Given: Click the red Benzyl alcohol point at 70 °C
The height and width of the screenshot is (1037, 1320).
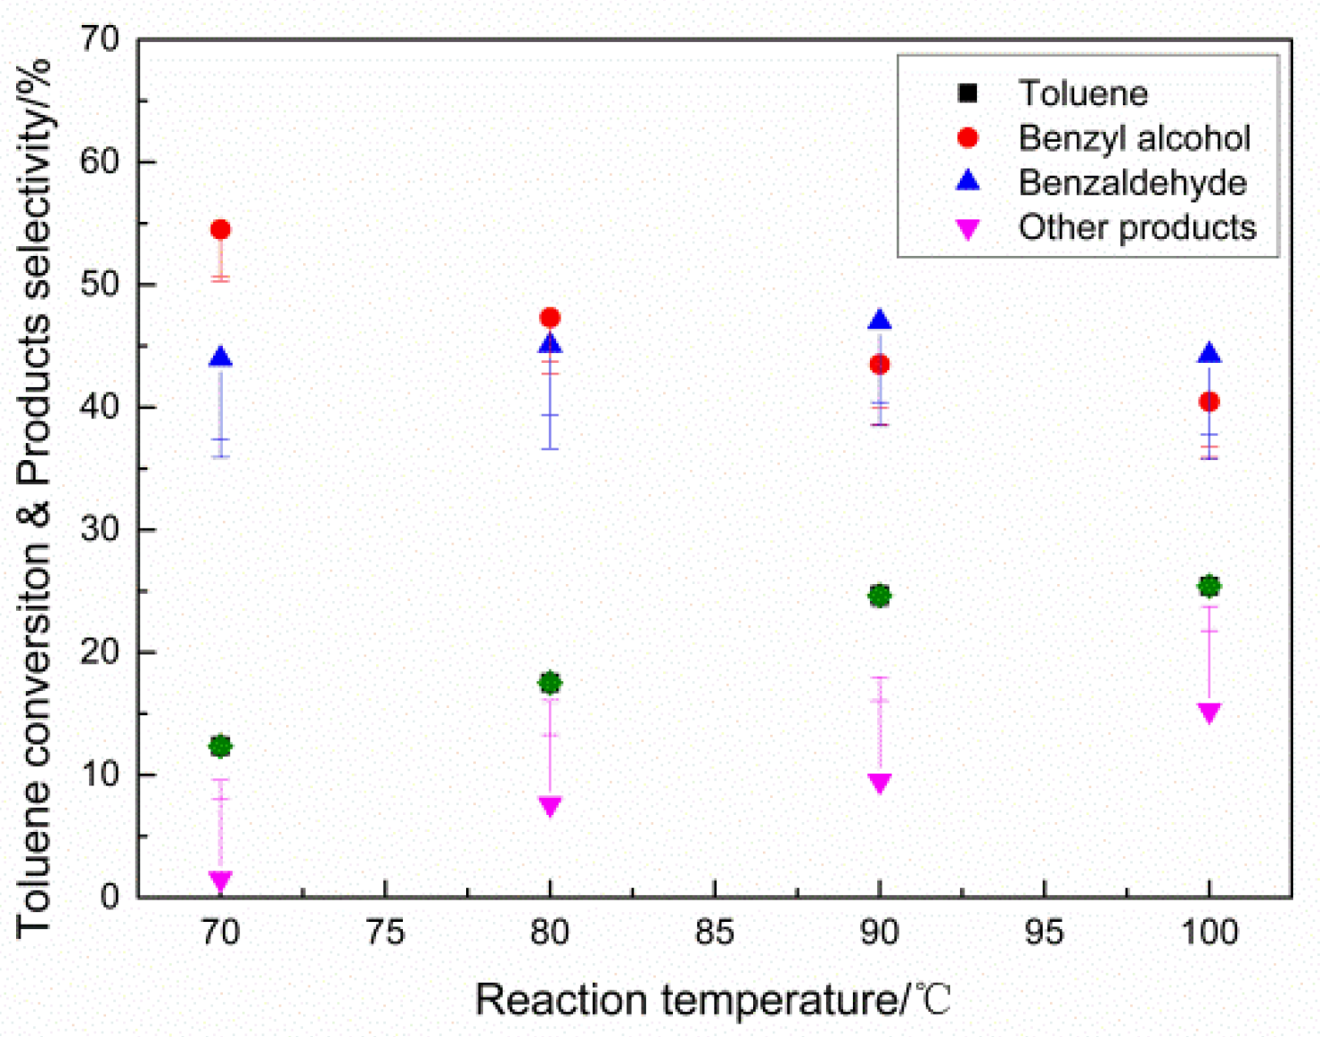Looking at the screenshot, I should [x=220, y=230].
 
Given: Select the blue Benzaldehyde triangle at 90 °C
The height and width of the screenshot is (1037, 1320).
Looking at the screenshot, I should [x=880, y=320].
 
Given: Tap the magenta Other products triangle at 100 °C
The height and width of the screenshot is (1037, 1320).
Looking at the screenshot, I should [x=1209, y=712].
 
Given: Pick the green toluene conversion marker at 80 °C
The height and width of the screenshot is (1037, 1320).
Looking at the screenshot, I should [x=550, y=683].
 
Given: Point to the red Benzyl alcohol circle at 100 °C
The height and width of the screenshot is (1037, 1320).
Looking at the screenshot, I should [x=1209, y=402].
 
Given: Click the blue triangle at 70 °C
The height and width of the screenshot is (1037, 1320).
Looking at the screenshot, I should [x=220, y=358].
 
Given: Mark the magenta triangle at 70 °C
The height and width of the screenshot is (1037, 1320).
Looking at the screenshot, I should [x=220, y=881].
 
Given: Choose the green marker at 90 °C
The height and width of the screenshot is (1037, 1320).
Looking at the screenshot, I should [x=880, y=596].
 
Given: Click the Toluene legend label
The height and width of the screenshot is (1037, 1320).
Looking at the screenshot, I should [x=1082, y=94].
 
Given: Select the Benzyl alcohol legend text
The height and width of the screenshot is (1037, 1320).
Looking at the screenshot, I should [x=1134, y=138].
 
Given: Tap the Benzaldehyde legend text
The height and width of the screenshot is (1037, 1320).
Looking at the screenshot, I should [x=1132, y=183].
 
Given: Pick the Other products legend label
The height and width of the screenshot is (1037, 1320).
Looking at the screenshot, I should [x=1136, y=227].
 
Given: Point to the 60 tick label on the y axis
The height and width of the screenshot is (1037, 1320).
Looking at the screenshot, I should [x=99, y=161].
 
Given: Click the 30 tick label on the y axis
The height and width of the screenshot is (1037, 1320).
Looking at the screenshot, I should [x=99, y=529].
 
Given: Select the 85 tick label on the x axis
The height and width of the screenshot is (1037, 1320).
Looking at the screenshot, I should [x=714, y=933].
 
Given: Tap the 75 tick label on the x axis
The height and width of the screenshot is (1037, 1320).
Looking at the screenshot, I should [x=385, y=933].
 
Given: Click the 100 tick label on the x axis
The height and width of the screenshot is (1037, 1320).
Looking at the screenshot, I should [x=1209, y=933].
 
